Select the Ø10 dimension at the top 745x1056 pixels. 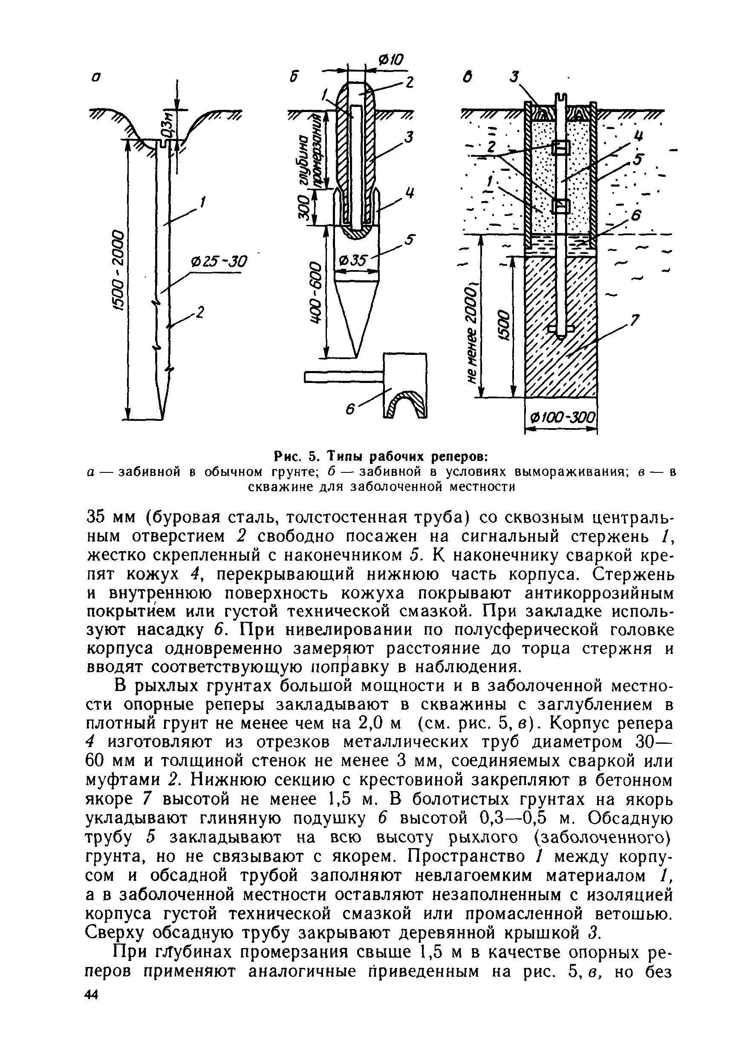[x=390, y=60]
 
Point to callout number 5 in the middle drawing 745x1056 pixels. [x=410, y=240]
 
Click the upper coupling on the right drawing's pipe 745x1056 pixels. [x=560, y=148]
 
